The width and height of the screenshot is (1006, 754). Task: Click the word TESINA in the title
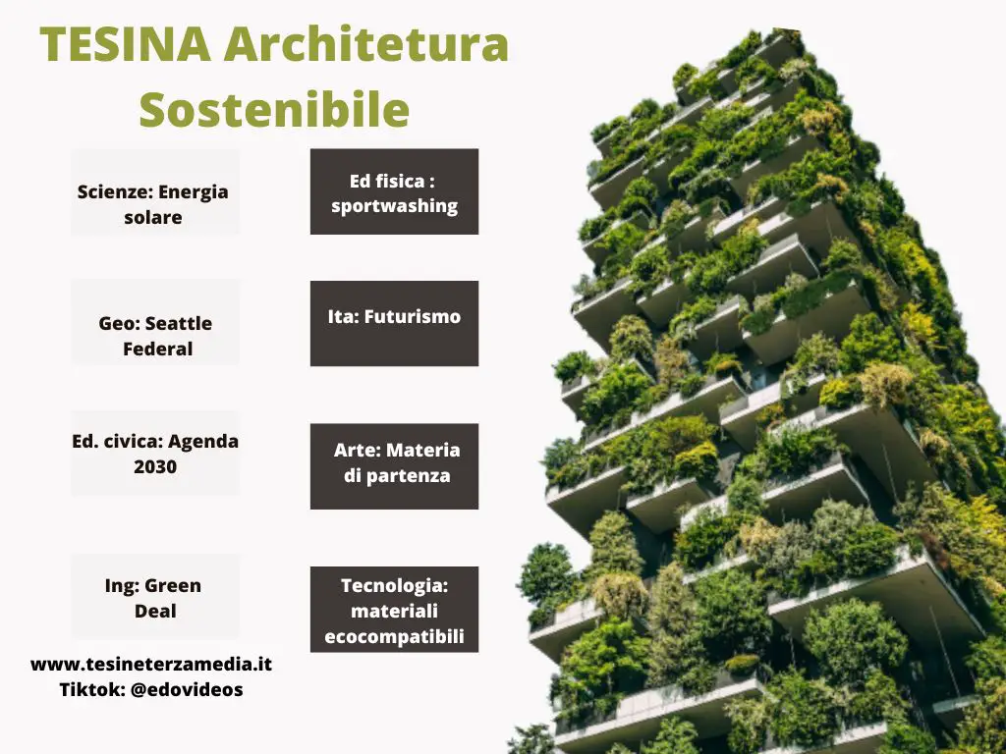click(126, 44)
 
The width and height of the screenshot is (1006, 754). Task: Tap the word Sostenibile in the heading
click(275, 109)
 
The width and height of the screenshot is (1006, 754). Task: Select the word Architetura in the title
click(366, 44)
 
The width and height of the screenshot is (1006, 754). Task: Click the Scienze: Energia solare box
click(154, 191)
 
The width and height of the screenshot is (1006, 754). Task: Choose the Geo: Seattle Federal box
click(154, 322)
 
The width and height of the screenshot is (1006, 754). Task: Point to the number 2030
click(155, 466)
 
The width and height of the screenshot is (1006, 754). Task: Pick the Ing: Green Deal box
click(154, 597)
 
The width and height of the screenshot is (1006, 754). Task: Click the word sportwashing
click(395, 206)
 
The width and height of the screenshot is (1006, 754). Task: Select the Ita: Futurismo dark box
click(395, 323)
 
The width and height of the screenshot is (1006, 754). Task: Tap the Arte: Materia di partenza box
click(395, 466)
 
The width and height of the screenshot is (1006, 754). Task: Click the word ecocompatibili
click(395, 637)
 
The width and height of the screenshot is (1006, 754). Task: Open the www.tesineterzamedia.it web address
click(151, 665)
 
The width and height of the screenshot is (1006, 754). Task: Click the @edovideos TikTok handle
click(187, 690)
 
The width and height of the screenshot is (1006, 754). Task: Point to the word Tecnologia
click(394, 586)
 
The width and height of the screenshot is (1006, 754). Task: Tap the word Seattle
click(179, 323)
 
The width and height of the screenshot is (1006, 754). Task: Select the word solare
click(153, 217)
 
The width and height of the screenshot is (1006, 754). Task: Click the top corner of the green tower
click(796, 30)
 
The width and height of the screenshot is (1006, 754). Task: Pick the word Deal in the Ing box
click(155, 611)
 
